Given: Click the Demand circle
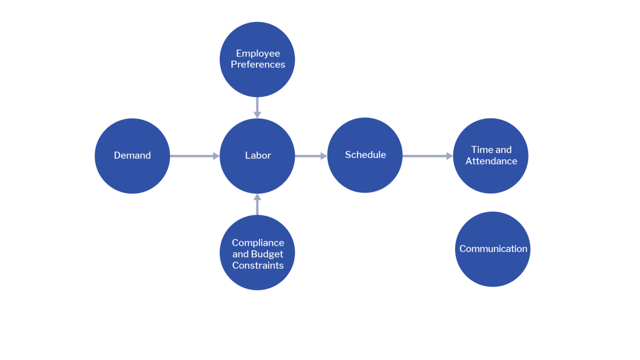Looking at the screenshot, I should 132,156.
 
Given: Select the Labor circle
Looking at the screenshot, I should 257,156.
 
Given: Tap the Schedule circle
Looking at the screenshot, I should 365,155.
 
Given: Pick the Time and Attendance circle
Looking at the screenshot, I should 491,156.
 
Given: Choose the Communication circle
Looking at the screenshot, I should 493,249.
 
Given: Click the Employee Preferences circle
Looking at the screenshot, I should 257,59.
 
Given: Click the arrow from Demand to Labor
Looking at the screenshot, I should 194,156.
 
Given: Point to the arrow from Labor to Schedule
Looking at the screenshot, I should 311,156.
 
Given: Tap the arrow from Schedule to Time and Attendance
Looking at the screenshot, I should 427,156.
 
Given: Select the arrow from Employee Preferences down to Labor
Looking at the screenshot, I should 257,108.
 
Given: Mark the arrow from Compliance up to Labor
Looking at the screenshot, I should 257,204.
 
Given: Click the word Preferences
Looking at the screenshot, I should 258,65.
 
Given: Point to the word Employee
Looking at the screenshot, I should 258,53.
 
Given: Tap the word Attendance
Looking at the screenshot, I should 491,161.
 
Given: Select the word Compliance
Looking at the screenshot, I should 258,243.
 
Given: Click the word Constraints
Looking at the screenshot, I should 258,265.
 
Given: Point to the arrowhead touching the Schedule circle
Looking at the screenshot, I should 324,156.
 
